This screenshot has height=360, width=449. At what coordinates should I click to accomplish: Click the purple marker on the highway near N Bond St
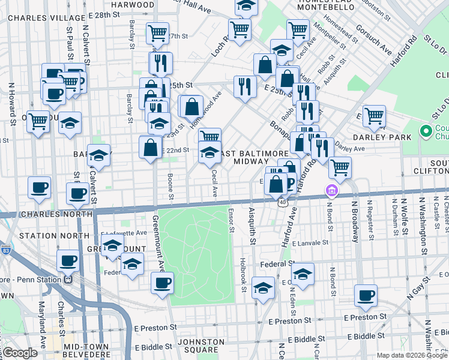coord(331,191)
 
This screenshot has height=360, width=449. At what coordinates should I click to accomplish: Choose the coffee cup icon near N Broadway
coord(366,295)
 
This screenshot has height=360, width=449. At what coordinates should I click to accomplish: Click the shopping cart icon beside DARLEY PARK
coord(374,115)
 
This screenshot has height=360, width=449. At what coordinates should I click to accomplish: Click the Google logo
coord(19,353)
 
